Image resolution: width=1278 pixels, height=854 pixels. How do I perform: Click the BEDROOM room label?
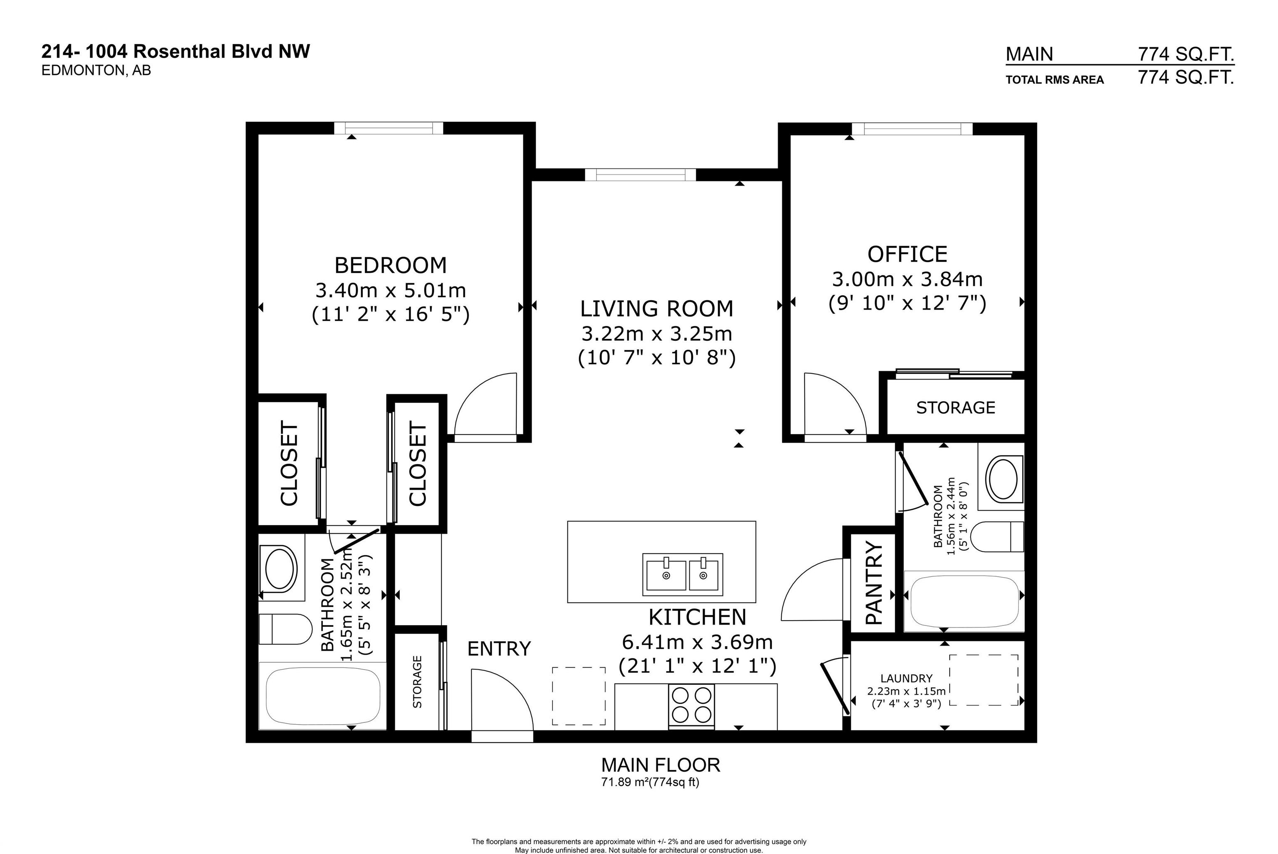coord(390,265)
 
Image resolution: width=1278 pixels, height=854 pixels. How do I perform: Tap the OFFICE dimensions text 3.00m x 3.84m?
coord(907,279)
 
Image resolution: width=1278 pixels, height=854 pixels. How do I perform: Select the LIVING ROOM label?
coord(656,309)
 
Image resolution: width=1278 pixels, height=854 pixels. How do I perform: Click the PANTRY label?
coord(874,582)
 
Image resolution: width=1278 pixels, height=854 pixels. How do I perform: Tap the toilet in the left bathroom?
coord(284,629)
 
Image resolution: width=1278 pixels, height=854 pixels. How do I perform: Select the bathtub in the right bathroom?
coord(964,601)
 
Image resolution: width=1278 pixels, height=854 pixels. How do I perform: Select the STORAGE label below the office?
coord(955,407)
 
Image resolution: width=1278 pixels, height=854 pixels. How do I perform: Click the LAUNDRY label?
coord(906,679)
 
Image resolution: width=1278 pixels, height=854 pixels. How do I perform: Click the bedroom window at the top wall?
coord(388,128)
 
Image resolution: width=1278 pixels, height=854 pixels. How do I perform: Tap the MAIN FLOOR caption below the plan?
coord(660,765)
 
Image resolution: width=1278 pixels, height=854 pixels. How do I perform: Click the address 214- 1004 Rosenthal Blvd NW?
coord(176,51)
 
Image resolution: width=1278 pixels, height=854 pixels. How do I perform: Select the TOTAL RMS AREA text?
coord(1054,80)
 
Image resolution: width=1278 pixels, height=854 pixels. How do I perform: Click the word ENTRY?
coord(498,649)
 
